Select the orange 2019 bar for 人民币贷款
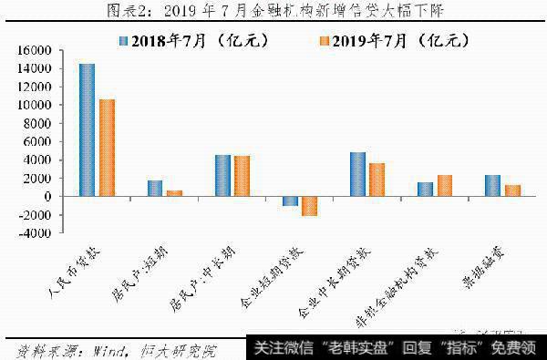coord(107,148)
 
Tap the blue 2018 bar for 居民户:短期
coord(154,188)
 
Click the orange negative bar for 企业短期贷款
coord(309,205)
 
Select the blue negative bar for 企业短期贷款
coord(290,201)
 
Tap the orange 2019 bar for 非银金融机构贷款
coord(444,185)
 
